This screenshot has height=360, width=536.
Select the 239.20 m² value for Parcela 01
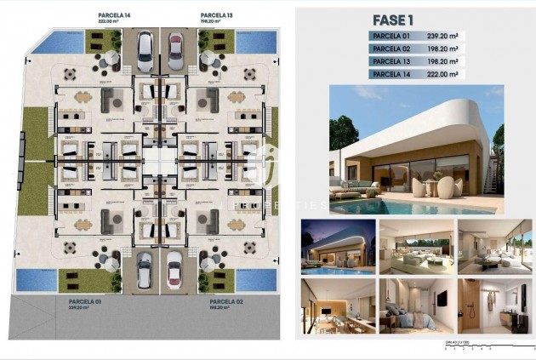pos(442,36)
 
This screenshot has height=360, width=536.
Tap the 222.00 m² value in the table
pos(442,74)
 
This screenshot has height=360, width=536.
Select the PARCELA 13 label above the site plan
pos(215,15)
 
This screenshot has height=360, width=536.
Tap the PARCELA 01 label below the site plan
pos(84,302)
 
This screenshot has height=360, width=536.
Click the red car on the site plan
pos(176,51)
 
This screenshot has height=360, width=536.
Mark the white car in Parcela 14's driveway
pos(144,51)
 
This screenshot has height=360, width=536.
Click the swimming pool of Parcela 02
pos(256,278)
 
